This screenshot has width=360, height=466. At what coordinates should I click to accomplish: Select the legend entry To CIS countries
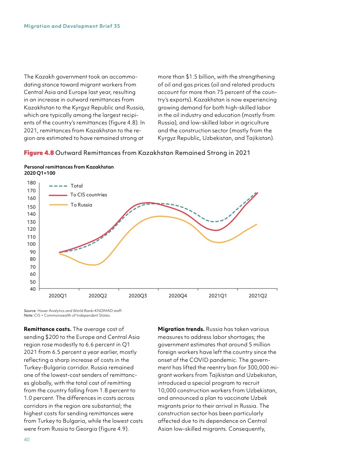[x=88, y=195]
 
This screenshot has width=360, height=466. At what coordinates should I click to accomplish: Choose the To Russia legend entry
[x=81, y=205]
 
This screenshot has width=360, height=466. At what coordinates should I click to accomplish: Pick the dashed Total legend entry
[x=76, y=186]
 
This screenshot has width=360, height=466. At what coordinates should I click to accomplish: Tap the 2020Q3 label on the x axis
[x=138, y=296]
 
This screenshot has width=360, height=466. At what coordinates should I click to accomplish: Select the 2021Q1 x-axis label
[x=218, y=296]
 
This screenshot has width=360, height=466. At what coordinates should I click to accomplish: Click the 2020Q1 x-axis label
[x=57, y=296]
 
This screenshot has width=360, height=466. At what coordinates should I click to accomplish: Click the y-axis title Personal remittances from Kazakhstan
[x=69, y=167]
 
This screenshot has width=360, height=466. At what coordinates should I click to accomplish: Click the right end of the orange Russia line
[x=257, y=224]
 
